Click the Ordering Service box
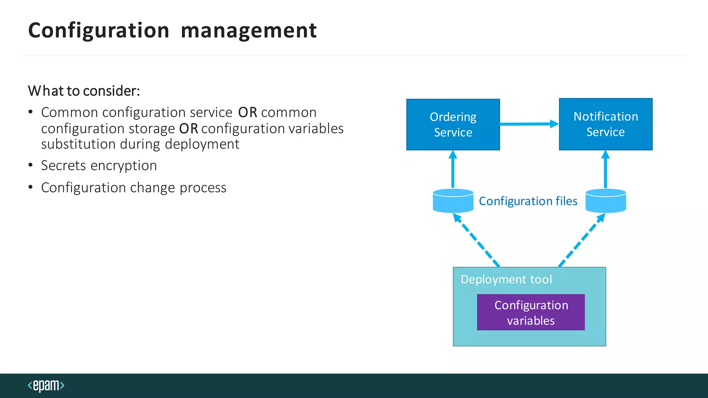pos(453,124)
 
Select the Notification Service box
pos(605,124)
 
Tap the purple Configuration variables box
pos(531,312)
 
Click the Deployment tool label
pos(506,279)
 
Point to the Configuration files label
pos(528,201)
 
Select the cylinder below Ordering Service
pos(453,201)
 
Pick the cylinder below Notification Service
pos(606,201)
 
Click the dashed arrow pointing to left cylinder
pos(476,240)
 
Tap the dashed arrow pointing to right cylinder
pos(582,240)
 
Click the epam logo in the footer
pos(46,385)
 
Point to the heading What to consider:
pos(84,91)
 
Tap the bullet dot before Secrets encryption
pos(30,165)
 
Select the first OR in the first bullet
pos(248,113)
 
